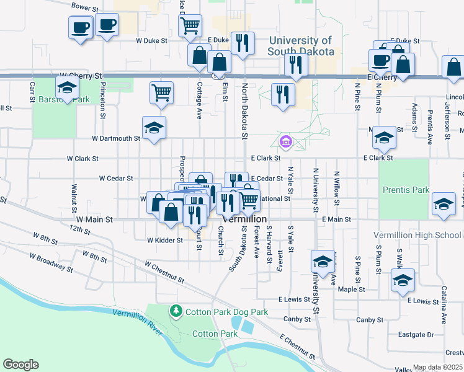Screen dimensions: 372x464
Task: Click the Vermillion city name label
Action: [x=244, y=219]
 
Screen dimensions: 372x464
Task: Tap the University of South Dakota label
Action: [x=301, y=46]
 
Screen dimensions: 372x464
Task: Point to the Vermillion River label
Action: [x=137, y=323]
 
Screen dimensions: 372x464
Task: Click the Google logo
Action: [x=20, y=365]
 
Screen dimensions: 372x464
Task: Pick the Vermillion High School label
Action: [x=417, y=236]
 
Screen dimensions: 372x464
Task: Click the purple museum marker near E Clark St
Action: [x=285, y=143]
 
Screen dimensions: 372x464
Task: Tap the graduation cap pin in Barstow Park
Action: [x=67, y=87]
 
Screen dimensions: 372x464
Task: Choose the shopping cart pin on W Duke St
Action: [x=190, y=25]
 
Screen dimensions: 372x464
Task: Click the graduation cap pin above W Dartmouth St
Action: [x=154, y=128]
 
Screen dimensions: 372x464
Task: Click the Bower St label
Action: [x=85, y=7]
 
